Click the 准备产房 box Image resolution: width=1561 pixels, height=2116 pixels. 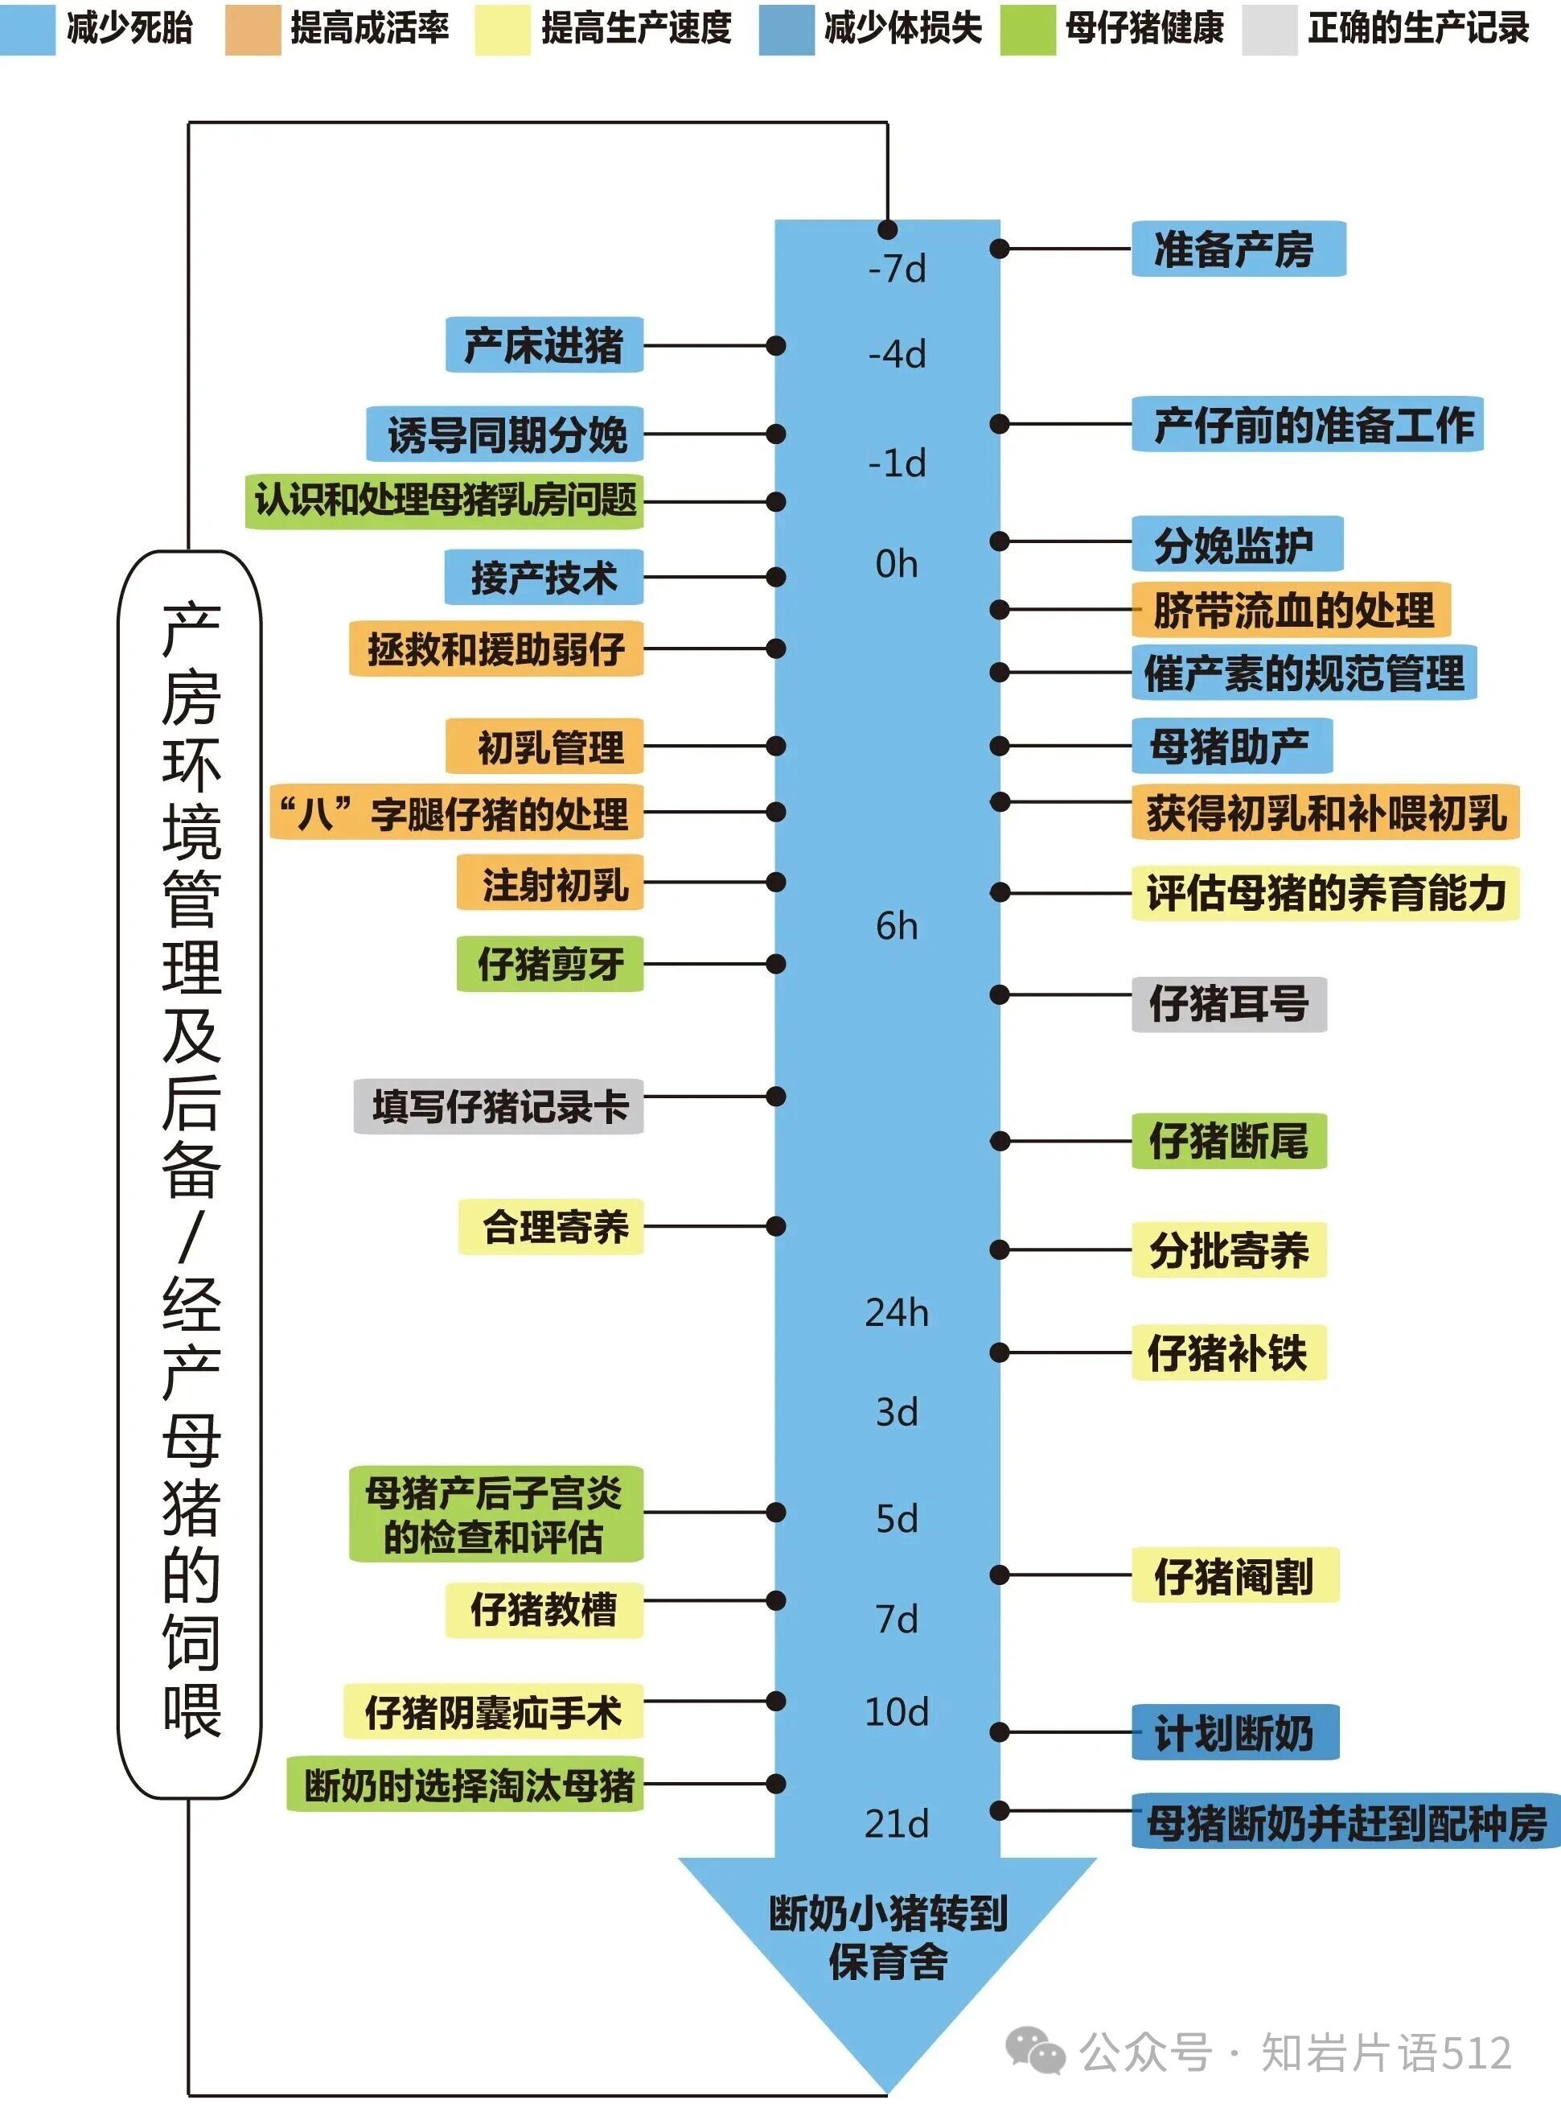pyautogui.click(x=1237, y=249)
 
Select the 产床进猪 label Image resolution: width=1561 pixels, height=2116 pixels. pyautogui.click(x=544, y=345)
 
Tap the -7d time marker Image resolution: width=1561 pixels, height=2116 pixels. pyautogui.click(x=897, y=270)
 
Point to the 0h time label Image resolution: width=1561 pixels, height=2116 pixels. pyautogui.click(x=897, y=564)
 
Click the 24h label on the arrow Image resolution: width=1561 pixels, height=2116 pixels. pyautogui.click(x=897, y=1313)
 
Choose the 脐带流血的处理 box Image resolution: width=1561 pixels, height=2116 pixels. pyautogui.click(x=1292, y=610)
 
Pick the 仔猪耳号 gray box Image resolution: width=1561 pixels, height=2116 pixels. pyautogui.click(x=1228, y=1003)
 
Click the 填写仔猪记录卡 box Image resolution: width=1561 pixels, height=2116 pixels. pyautogui.click(x=498, y=1105)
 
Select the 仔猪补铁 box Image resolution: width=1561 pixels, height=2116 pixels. pyautogui.click(x=1228, y=1352)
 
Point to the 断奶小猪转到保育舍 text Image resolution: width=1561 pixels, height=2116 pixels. pyautogui.click(x=887, y=1937)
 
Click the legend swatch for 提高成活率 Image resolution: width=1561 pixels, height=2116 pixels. pyautogui.click(x=253, y=29)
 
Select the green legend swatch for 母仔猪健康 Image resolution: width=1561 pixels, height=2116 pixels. pyautogui.click(x=1027, y=29)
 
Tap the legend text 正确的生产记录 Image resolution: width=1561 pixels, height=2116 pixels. pyautogui.click(x=1417, y=29)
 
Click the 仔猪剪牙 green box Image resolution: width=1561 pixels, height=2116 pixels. pyautogui.click(x=550, y=964)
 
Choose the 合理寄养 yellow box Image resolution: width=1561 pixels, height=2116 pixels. pyautogui.click(x=551, y=1227)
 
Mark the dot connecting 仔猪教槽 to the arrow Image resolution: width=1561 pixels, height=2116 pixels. pyautogui.click(x=776, y=1601)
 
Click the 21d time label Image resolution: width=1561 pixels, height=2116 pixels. pyautogui.click(x=897, y=1823)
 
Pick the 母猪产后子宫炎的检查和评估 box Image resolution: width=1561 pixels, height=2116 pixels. pyautogui.click(x=495, y=1514)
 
